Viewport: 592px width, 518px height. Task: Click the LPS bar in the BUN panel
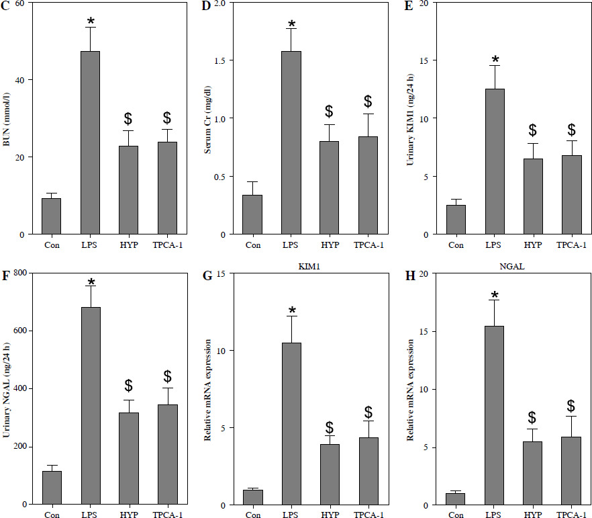point(90,142)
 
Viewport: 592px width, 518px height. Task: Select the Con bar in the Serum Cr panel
point(253,214)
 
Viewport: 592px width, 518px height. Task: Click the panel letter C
point(7,8)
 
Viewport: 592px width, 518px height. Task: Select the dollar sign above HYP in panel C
point(129,119)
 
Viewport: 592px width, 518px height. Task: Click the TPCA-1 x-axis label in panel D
point(368,245)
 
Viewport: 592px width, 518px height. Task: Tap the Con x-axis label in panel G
point(253,515)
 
